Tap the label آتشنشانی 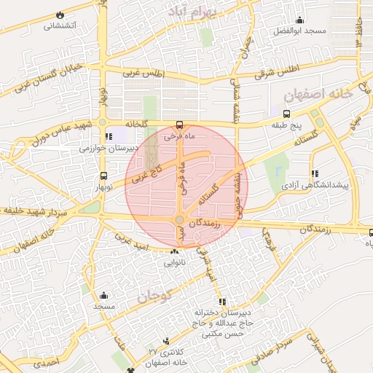[x=63, y=25]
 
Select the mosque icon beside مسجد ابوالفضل [x=299, y=19]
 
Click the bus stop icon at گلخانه [x=180, y=123]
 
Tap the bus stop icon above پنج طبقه [x=287, y=114]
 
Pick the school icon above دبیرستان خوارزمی [x=109, y=136]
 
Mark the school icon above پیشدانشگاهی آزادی [x=315, y=173]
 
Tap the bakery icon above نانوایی [x=173, y=252]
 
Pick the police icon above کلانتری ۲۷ [x=167, y=340]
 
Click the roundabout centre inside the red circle [x=179, y=220]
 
